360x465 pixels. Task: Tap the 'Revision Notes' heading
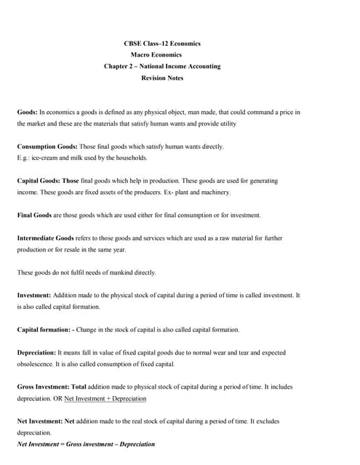pos(164,77)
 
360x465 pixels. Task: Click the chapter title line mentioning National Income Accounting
pos(162,66)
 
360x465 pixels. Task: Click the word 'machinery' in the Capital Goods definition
pos(215,192)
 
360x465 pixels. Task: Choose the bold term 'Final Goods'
pos(34,215)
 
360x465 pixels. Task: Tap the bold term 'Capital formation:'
pos(44,329)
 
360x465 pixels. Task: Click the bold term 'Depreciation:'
pos(36,352)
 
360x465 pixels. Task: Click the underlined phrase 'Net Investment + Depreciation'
pos(105,398)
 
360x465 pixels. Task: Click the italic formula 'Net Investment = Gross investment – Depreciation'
pos(86,444)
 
